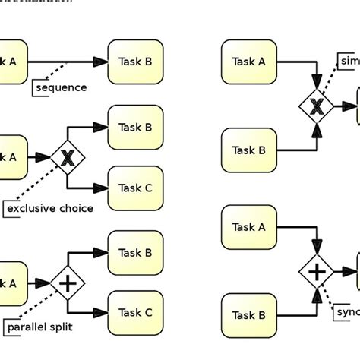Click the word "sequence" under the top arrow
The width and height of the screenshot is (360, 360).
(62, 87)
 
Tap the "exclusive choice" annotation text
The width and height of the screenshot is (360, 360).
(50, 208)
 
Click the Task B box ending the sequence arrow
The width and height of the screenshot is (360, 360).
(135, 62)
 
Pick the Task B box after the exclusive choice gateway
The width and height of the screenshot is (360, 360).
(135, 128)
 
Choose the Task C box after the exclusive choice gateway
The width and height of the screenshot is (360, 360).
(135, 188)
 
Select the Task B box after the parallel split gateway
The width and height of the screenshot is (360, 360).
(135, 252)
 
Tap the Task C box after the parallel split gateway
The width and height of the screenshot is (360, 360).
(135, 312)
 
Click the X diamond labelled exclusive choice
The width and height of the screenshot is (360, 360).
(68, 158)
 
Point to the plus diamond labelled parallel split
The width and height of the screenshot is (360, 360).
(68, 283)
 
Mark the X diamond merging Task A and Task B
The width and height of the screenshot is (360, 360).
(317, 108)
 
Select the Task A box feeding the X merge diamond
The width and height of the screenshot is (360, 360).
(248, 62)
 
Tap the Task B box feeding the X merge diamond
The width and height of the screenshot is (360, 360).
(248, 150)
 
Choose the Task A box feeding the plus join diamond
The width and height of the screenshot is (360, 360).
(248, 226)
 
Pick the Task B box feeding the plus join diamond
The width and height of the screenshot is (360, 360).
(248, 314)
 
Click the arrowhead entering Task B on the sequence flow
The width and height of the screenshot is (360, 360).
(101, 62)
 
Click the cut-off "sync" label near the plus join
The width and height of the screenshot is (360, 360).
(346, 312)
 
